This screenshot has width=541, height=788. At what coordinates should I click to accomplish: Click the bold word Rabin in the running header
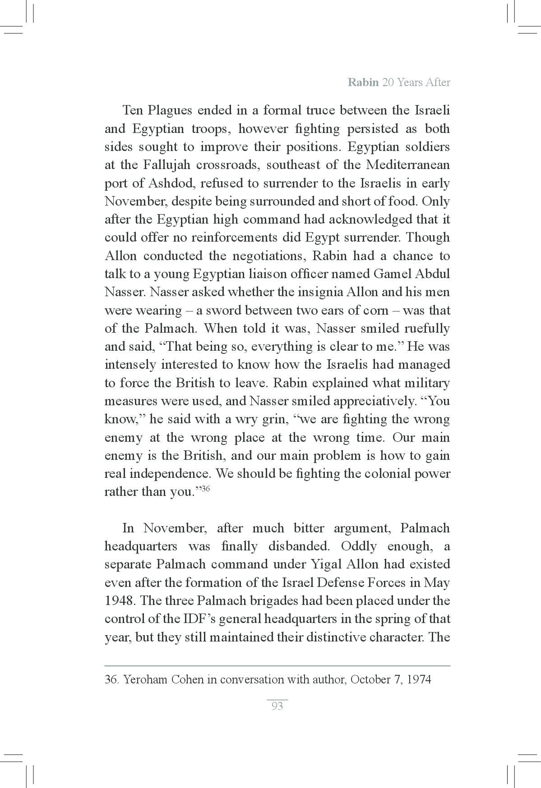tap(363, 82)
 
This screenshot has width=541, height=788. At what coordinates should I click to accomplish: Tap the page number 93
tap(277, 706)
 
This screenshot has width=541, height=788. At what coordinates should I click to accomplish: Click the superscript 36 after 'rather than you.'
tap(205, 489)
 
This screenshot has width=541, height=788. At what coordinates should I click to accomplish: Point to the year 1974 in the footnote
tap(419, 679)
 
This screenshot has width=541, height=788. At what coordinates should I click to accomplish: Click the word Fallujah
tap(164, 165)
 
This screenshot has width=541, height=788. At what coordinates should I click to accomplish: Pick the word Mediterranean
tap(408, 165)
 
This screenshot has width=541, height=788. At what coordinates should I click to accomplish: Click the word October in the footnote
tap(370, 679)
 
